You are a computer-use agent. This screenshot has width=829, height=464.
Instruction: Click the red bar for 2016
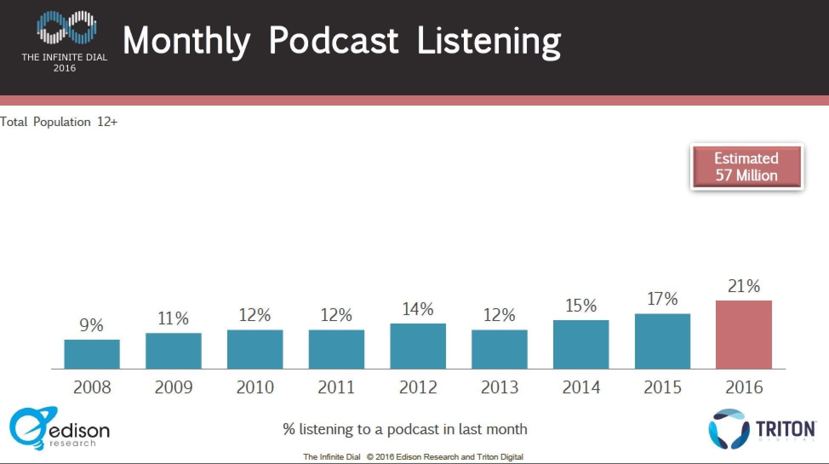pos(743,335)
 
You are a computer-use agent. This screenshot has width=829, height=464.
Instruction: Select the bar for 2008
pos(92,354)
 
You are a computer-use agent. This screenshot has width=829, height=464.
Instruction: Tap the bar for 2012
pos(418,346)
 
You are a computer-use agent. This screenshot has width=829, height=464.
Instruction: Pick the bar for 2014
pos(581,344)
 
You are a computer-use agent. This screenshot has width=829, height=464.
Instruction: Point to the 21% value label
pos(743,286)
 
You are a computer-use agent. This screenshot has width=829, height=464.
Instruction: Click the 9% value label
pos(91,326)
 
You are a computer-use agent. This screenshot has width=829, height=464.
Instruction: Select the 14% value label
pos(418,309)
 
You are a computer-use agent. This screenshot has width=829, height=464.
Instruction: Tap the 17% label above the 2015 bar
pos(662,299)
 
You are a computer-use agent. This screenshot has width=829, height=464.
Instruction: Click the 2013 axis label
pos(500,387)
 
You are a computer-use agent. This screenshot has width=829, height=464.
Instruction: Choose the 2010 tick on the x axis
pos(255,387)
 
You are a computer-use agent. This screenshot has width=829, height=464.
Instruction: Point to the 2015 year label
pos(662,387)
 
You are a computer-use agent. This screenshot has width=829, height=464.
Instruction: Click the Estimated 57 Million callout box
pos(746,167)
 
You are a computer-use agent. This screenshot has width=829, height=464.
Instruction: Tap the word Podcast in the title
pos(334,41)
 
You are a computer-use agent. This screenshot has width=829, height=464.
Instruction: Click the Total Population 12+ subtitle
pos(59,122)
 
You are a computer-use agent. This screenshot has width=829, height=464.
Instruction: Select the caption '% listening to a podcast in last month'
pos(405,429)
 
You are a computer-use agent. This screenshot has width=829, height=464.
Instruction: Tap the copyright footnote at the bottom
pos(413,457)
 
